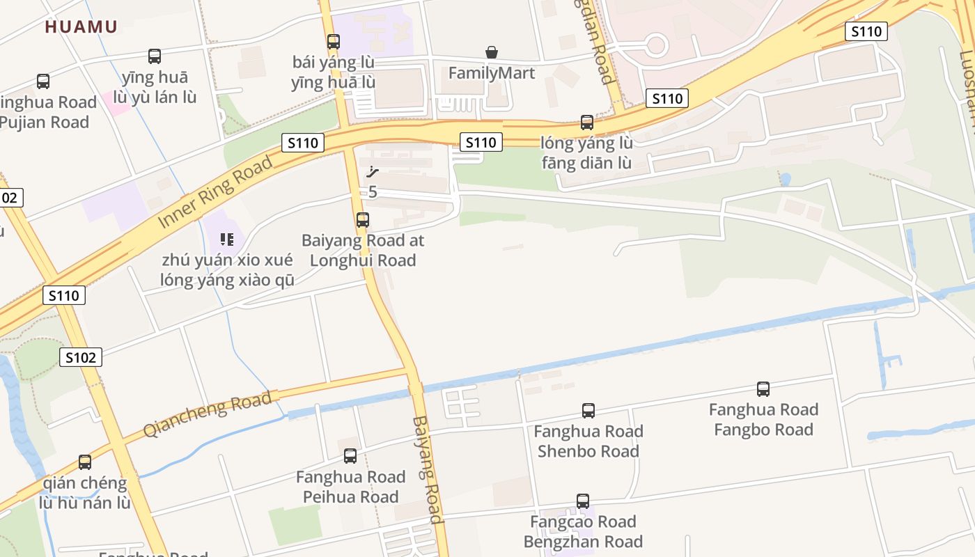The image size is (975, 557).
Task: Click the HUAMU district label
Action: point(81,27)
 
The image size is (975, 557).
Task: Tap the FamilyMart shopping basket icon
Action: point(492,52)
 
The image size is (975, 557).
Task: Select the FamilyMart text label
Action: point(492,73)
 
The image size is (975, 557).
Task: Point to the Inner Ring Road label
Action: point(215,193)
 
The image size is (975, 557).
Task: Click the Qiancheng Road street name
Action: point(207,414)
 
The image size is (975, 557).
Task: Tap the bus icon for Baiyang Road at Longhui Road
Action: point(363,220)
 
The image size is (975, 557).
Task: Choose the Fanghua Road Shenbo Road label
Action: point(588,441)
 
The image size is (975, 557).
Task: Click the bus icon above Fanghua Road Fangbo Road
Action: point(763,389)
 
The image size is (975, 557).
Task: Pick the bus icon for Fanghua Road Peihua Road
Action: point(350,456)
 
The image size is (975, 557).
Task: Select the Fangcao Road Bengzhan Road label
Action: point(583,532)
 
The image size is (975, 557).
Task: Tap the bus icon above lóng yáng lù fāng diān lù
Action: point(587,123)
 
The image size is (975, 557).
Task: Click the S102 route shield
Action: point(81,358)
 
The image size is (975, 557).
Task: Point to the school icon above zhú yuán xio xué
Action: point(227,240)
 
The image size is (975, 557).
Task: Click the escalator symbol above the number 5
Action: point(373,172)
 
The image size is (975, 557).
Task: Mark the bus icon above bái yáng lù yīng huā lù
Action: point(334,42)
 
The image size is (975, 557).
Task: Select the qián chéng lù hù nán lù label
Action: point(85,493)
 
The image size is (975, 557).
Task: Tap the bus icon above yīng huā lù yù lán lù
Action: point(155,56)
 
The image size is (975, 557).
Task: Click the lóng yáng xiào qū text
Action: point(227,281)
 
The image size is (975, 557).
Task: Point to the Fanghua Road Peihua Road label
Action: point(350,487)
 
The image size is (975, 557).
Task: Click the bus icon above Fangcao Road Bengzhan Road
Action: point(583,501)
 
